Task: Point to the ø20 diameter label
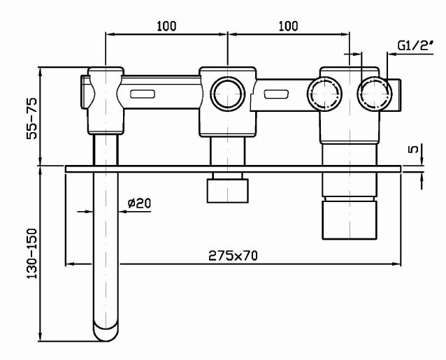(140, 203)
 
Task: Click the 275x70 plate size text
(233, 256)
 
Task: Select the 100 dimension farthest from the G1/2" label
(166, 26)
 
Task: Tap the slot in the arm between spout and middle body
(143, 93)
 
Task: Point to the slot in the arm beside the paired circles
(278, 94)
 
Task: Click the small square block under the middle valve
(228, 189)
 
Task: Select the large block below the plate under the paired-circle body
(347, 219)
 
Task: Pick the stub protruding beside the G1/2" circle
(397, 93)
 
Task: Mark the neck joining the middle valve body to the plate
(228, 150)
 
